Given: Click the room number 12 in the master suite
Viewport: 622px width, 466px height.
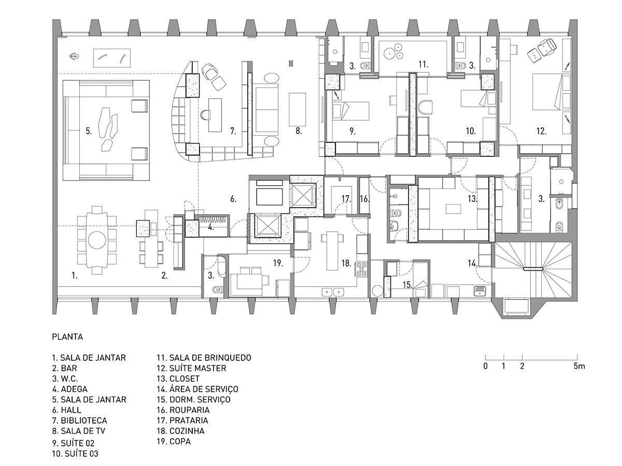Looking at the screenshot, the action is pos(541,132).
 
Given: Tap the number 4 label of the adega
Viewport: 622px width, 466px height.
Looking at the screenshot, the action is pos(211,227).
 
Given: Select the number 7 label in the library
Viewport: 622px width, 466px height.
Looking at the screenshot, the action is pos(233,132).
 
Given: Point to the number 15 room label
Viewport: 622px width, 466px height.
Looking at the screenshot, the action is pos(407,285).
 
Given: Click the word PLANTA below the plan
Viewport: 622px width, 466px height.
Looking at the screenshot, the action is pos(67,337).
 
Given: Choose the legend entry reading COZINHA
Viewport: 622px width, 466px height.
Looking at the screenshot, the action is pos(187,431).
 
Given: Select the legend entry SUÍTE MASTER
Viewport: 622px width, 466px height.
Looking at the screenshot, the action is pos(198,368).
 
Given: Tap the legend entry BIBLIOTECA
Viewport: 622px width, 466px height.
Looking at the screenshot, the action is pos(84,420).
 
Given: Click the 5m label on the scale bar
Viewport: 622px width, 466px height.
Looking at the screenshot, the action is pos(579,366).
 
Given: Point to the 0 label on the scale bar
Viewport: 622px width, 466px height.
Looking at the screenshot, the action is pos(485,366).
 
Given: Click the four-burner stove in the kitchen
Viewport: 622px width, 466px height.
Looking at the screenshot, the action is pos(362,269).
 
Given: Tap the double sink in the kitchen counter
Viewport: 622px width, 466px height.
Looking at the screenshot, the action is pos(333,292).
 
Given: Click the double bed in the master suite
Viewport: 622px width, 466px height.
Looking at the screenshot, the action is pos(547,92).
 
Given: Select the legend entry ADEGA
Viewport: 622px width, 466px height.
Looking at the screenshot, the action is pos(74,389).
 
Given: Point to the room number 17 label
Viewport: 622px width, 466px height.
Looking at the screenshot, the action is pos(346,199).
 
